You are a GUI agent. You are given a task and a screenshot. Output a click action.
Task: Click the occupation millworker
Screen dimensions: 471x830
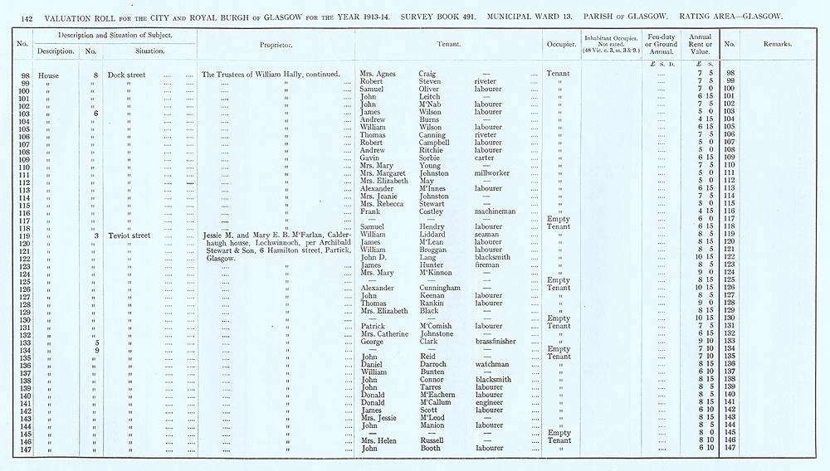click(491, 173)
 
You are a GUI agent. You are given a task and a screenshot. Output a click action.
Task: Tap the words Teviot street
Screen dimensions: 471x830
click(129, 235)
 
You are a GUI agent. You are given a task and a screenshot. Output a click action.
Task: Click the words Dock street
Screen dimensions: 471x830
click(128, 75)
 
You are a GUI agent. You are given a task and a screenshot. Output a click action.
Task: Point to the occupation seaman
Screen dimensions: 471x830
click(488, 235)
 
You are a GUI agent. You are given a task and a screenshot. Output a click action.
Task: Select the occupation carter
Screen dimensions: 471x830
click(486, 158)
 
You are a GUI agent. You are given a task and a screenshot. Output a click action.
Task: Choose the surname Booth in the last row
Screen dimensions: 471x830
click(422, 449)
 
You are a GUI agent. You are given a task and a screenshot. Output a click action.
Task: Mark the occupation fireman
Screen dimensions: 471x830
click(488, 265)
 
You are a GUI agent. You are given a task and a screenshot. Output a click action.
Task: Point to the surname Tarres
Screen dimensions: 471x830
click(424, 387)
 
